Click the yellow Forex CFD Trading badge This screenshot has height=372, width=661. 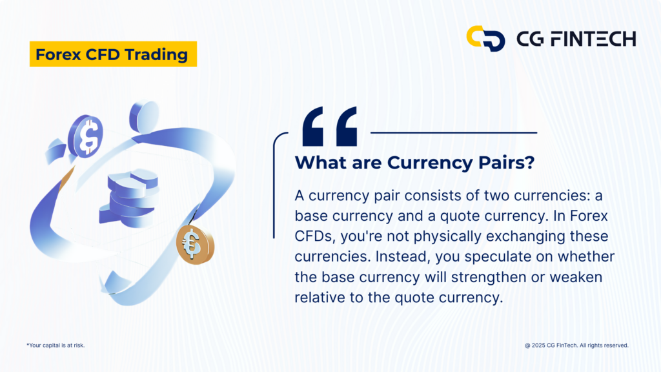(x=113, y=54)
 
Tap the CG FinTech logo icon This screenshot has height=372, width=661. (x=485, y=38)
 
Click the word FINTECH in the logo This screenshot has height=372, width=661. (x=594, y=39)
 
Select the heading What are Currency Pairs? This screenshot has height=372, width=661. (x=414, y=163)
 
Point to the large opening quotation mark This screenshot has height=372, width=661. (x=330, y=127)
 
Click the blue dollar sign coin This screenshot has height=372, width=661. (x=86, y=136)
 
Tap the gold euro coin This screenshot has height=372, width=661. (x=195, y=245)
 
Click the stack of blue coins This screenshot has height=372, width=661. (x=130, y=198)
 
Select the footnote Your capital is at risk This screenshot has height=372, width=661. (x=56, y=345)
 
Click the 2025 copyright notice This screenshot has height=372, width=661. (x=576, y=345)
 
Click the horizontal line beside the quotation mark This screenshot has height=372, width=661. (x=454, y=132)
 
